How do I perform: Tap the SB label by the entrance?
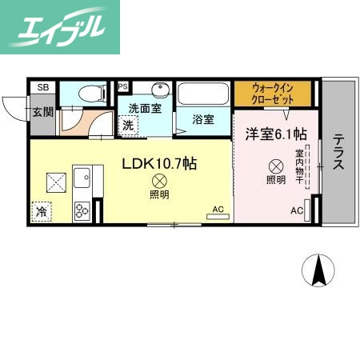coord(43,86)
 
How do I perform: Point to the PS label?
coord(123,86)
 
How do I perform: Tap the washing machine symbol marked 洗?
coord(128,125)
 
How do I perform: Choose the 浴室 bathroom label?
coord(203,120)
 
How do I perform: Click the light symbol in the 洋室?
coord(275,166)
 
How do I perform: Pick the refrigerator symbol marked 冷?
coord(40,212)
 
